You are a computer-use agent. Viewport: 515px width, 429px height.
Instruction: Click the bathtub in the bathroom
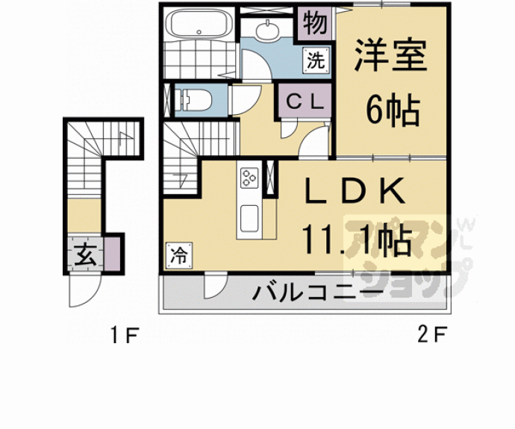click(197, 25)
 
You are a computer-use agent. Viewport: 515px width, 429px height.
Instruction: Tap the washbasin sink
click(267, 31)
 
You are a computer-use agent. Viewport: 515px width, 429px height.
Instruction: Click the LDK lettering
click(354, 193)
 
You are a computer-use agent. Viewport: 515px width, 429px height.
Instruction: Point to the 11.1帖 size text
click(358, 240)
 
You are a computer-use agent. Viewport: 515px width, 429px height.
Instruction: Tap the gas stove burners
click(248, 178)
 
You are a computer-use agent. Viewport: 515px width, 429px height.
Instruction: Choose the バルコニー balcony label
click(318, 292)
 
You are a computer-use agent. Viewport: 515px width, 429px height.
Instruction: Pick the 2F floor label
click(431, 336)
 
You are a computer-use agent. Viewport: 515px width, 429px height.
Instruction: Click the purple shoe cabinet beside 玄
click(112, 252)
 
